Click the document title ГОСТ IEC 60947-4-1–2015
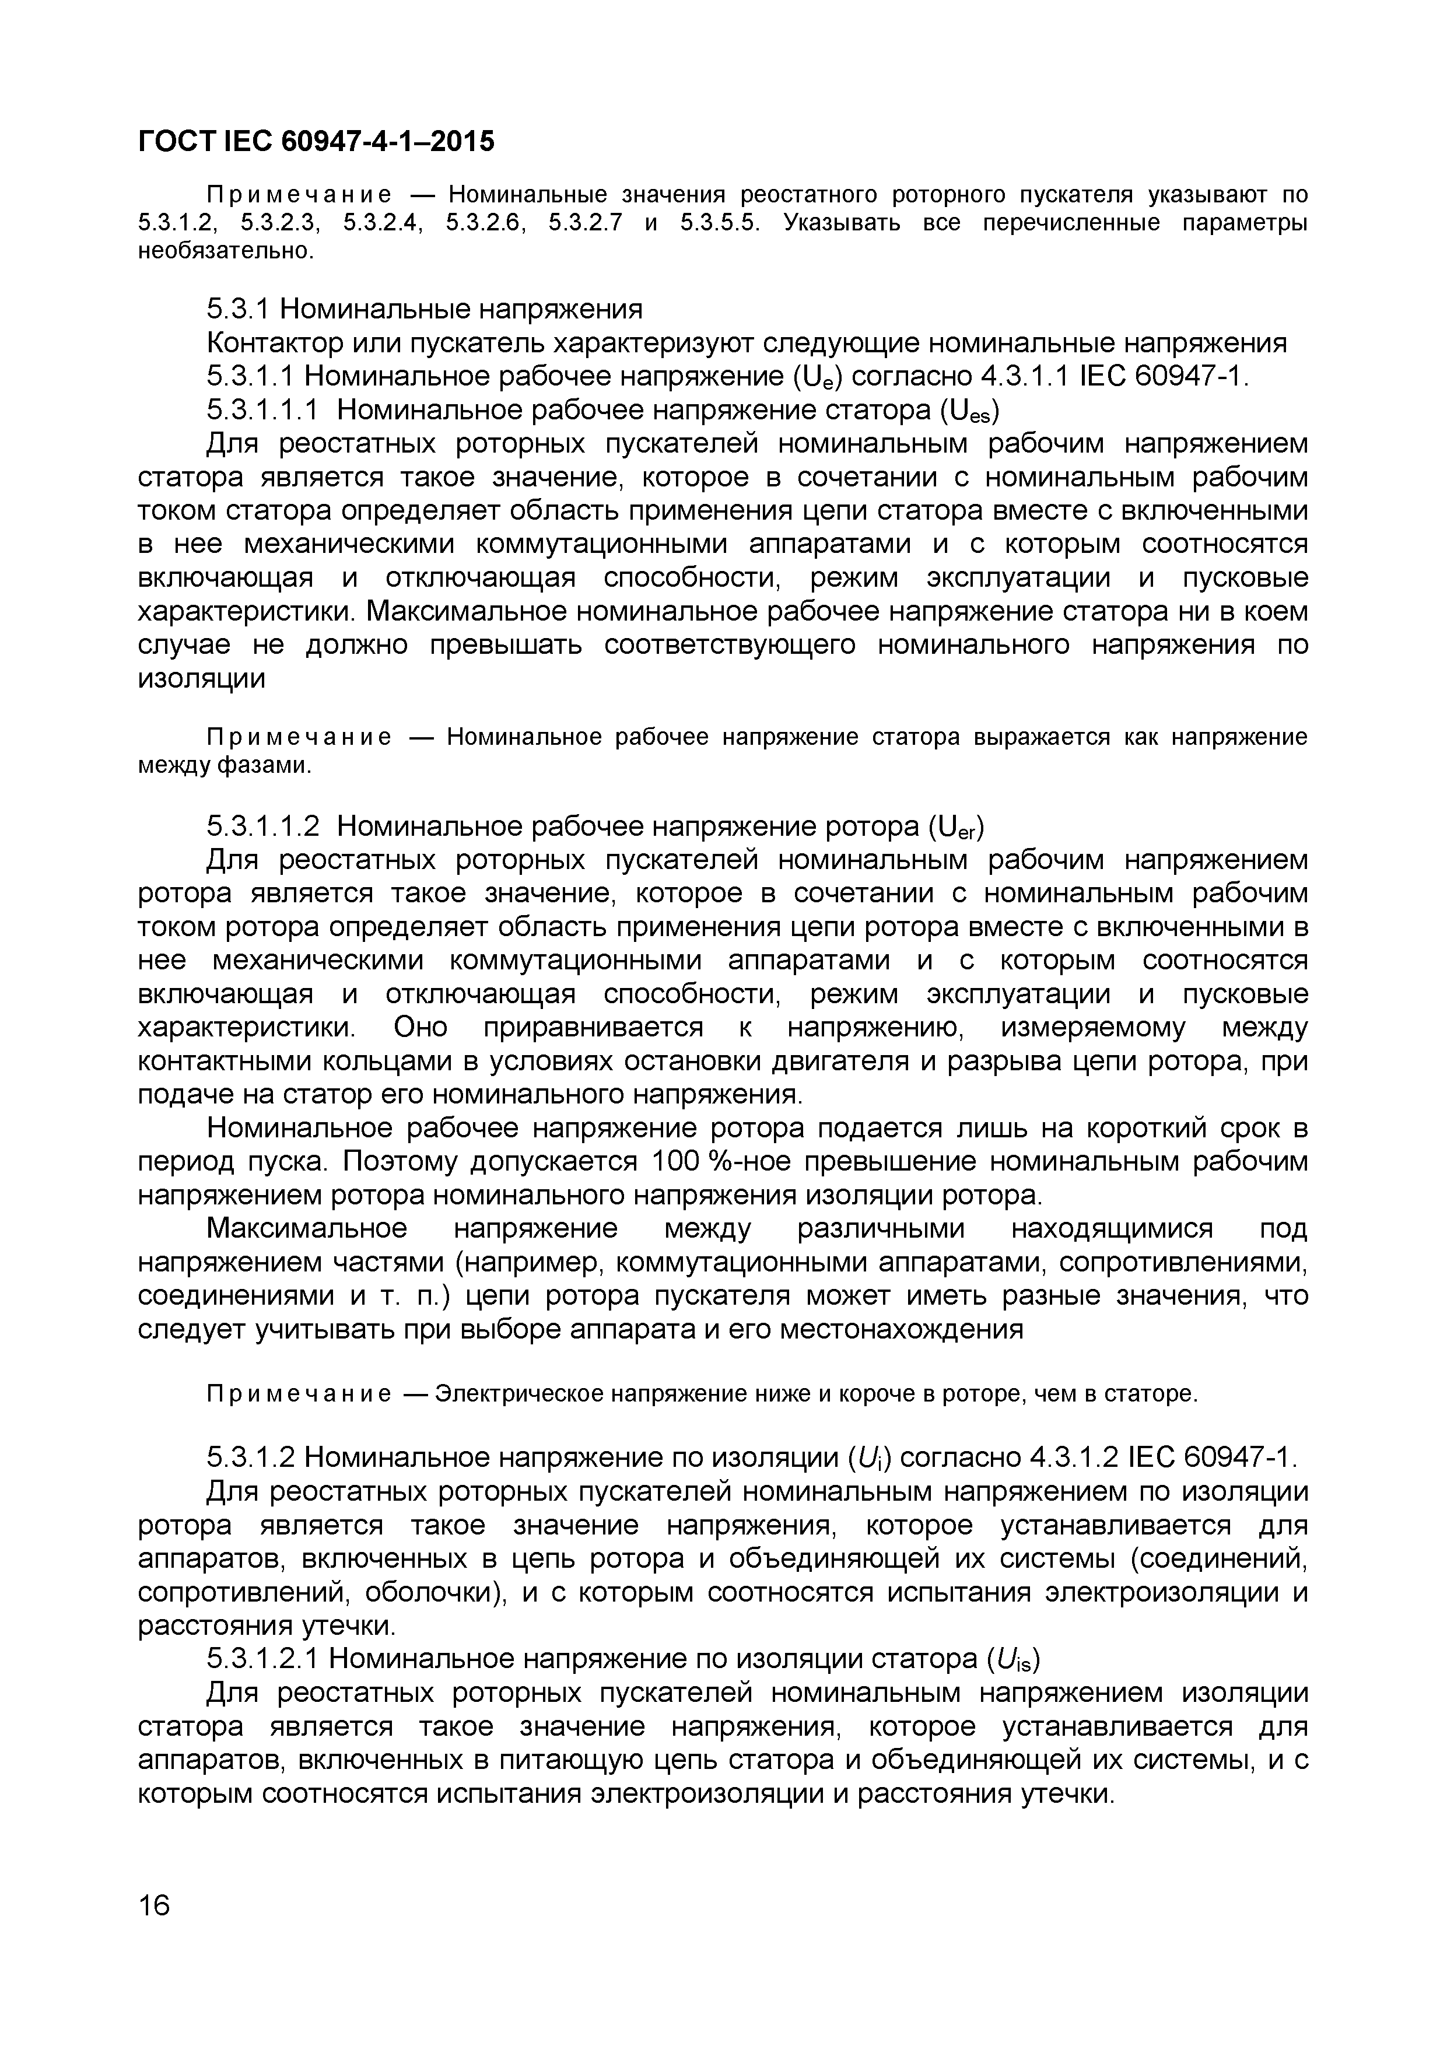pyautogui.click(x=316, y=141)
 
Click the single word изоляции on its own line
pyautogui.click(x=202, y=679)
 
